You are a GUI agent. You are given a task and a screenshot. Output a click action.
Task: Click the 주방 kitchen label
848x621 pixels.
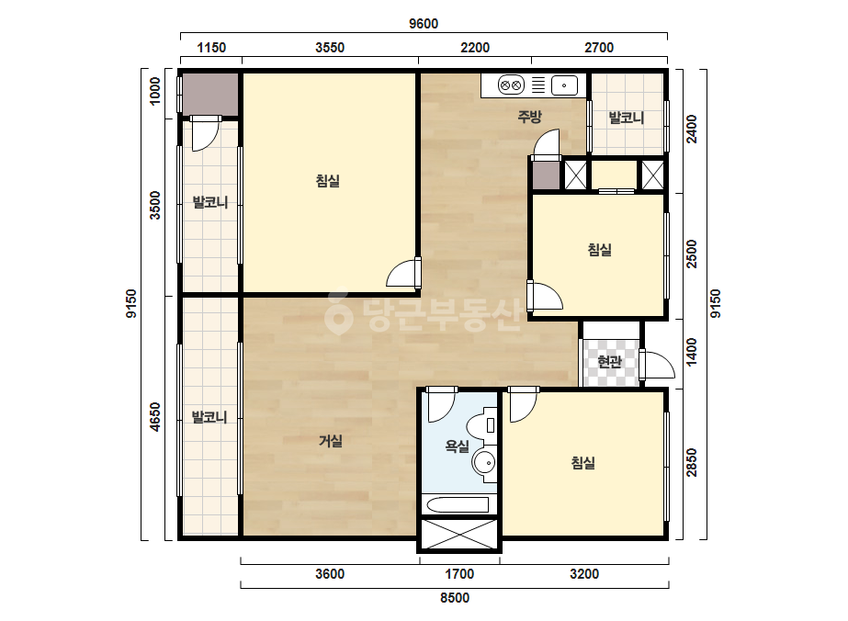(529, 117)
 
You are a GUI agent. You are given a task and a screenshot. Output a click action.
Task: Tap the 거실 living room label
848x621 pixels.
(330, 441)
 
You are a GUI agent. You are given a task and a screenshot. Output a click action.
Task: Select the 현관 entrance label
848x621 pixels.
(610, 361)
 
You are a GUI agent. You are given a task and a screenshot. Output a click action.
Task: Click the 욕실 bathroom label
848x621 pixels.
(457, 446)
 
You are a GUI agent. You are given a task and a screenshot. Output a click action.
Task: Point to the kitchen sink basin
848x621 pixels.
(564, 85)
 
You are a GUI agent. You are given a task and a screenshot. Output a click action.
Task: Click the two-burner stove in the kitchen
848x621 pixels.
(511, 85)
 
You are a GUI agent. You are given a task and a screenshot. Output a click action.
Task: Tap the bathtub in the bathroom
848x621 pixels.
(458, 505)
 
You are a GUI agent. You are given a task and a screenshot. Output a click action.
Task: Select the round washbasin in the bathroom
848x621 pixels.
(484, 463)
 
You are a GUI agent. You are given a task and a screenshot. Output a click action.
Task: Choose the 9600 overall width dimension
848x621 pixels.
(424, 24)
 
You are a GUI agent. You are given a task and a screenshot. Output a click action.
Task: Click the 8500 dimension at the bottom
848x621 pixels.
(454, 598)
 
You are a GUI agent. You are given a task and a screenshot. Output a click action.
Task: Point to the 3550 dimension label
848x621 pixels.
(330, 48)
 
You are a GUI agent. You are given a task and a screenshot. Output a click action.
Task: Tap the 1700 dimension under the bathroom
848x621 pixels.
(459, 574)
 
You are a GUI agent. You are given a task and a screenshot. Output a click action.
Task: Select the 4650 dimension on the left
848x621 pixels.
(155, 417)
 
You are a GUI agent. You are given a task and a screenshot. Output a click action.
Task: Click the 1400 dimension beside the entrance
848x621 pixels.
(692, 352)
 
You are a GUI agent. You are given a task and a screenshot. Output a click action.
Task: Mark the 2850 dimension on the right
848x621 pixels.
(692, 463)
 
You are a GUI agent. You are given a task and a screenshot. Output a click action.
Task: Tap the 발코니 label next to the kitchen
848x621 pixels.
(627, 118)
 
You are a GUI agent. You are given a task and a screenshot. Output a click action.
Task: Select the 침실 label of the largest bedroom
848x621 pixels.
(328, 181)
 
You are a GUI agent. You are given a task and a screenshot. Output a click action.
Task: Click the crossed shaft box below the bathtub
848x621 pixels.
(459, 535)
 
